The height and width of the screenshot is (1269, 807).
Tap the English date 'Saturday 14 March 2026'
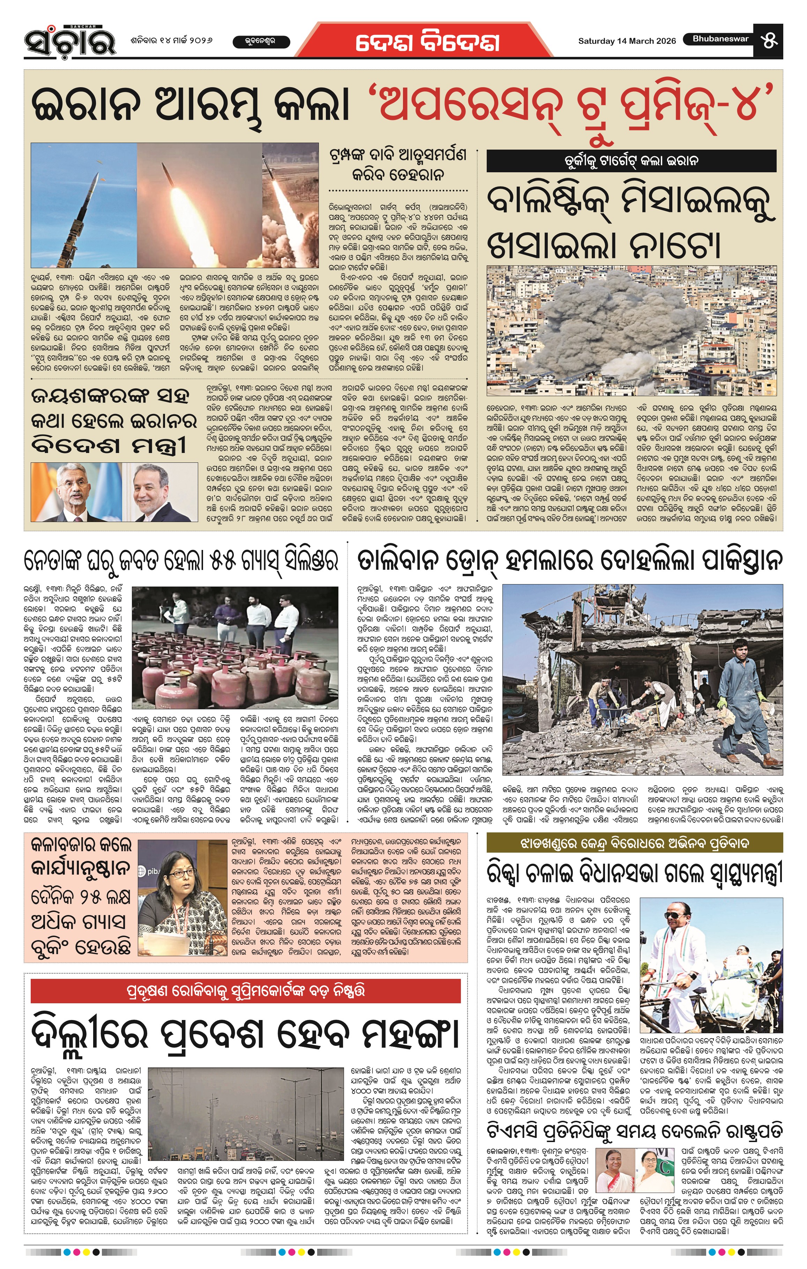[x=627, y=41]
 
